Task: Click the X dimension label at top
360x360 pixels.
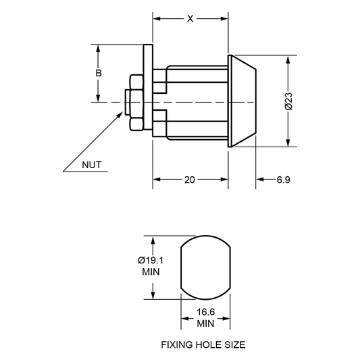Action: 190,19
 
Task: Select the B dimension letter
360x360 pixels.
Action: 99,73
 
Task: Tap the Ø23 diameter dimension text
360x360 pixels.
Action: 288,101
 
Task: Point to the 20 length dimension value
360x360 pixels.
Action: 189,180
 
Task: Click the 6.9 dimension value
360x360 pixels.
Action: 284,180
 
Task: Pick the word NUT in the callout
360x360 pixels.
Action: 92,165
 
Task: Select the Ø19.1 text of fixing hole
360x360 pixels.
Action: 151,260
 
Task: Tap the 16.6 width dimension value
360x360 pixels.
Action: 205,312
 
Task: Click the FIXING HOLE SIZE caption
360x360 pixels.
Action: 203,345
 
